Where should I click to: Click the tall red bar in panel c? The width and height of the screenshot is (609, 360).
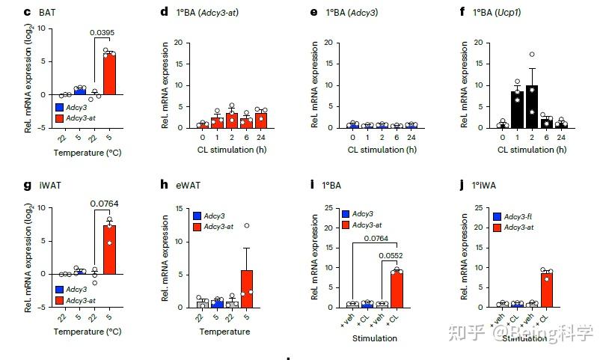click(109, 74)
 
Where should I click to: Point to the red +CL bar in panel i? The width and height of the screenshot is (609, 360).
click(397, 289)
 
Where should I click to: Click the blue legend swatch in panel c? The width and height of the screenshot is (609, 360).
click(59, 107)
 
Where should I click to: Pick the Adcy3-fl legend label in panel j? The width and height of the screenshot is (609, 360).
click(524, 216)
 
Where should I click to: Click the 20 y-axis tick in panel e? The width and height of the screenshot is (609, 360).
click(329, 43)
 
